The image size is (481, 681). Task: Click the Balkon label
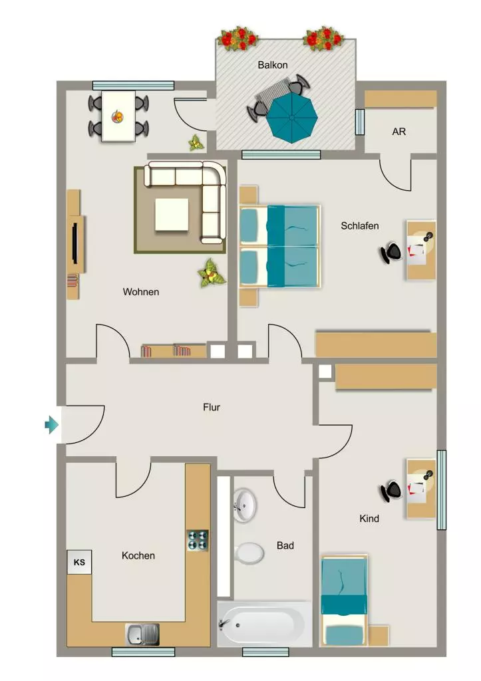pos(273,65)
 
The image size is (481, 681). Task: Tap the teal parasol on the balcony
pos(291,118)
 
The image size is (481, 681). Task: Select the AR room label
pos(399,132)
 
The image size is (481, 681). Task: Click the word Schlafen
pos(360,226)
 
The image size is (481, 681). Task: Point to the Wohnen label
pos(141,292)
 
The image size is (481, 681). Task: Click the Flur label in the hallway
pos(212,408)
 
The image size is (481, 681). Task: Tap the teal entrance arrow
pos(52,424)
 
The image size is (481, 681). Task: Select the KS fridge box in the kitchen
pos(80,563)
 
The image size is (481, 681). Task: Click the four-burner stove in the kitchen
pos(198,540)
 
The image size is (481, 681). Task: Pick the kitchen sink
pos(142,634)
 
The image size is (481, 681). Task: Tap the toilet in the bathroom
pos(249,553)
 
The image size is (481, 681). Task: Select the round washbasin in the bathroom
pos(245,505)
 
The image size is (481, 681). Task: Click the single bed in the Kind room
pos(344,600)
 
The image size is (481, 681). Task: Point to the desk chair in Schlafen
pos(391,253)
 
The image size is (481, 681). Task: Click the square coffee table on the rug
pos(172,215)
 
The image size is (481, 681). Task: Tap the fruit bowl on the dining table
pos(117,116)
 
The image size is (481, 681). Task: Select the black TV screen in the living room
pos(75,243)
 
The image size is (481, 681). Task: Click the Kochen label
pos(138,555)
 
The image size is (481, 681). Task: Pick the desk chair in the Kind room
pos(391,491)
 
